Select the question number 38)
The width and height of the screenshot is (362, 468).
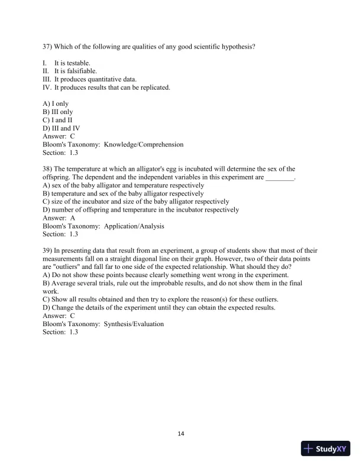47,168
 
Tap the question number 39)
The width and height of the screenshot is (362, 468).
47,251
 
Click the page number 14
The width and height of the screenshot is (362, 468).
181,434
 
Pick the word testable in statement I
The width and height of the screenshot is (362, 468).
79,62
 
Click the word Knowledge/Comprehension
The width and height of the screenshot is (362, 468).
144,144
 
